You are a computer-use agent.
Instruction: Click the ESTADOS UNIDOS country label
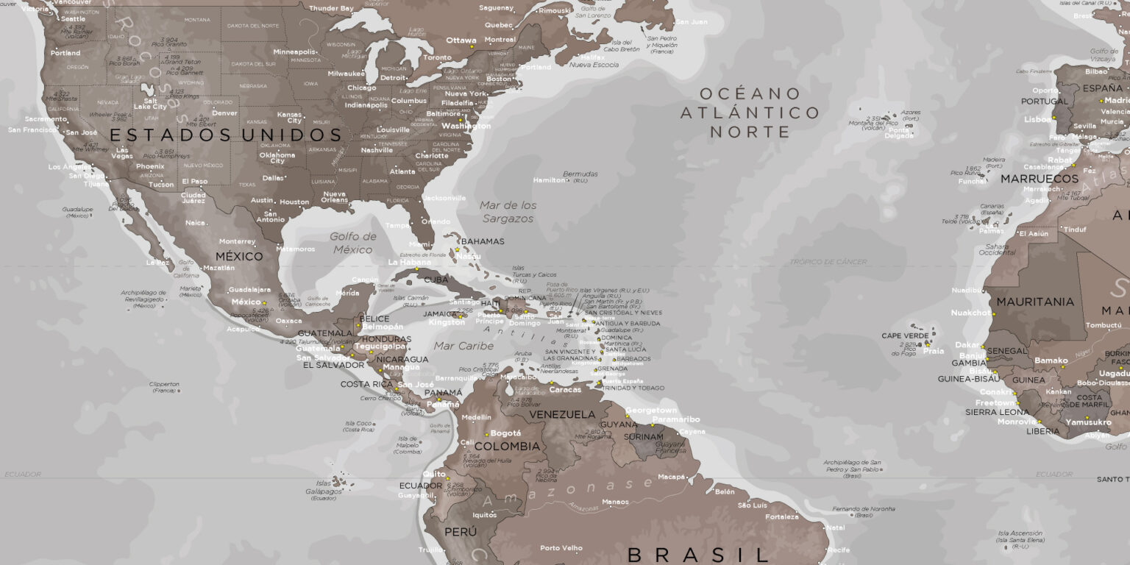[x=226, y=135]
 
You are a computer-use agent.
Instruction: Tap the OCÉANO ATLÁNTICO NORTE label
[x=749, y=113]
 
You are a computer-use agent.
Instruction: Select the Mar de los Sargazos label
[x=508, y=212]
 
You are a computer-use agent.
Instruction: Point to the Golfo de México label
[x=353, y=243]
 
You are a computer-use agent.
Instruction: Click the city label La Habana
[x=409, y=262]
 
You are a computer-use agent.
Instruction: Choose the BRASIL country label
[x=697, y=554]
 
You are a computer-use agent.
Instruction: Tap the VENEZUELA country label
[x=562, y=414]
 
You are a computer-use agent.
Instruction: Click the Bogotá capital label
[x=505, y=433]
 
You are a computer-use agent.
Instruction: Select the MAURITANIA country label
[x=1035, y=302]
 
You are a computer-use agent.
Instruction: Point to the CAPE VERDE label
[x=905, y=335]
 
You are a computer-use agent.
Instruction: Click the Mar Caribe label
[x=463, y=346]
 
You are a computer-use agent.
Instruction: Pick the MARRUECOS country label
[x=1039, y=179]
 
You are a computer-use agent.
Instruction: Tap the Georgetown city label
[x=651, y=411]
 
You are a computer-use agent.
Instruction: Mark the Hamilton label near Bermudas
[x=549, y=180]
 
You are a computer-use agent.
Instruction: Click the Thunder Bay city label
[x=331, y=8]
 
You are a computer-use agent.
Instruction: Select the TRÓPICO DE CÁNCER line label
[x=828, y=262]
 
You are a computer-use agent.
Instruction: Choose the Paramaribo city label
[x=676, y=419]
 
